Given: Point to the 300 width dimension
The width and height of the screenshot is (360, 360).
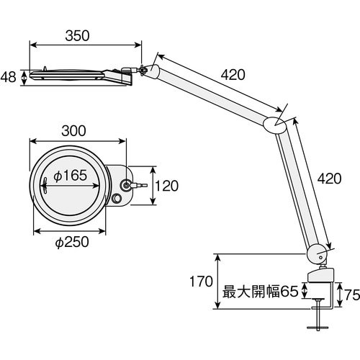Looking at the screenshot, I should [x=73, y=130].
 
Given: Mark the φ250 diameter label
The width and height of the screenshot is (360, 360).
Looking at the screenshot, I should [x=71, y=242].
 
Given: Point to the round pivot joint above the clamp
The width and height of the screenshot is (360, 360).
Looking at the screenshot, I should [x=316, y=253].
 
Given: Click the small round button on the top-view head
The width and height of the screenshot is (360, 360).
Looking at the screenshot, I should [x=118, y=199].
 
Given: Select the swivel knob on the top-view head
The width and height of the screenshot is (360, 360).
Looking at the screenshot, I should [x=127, y=185].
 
